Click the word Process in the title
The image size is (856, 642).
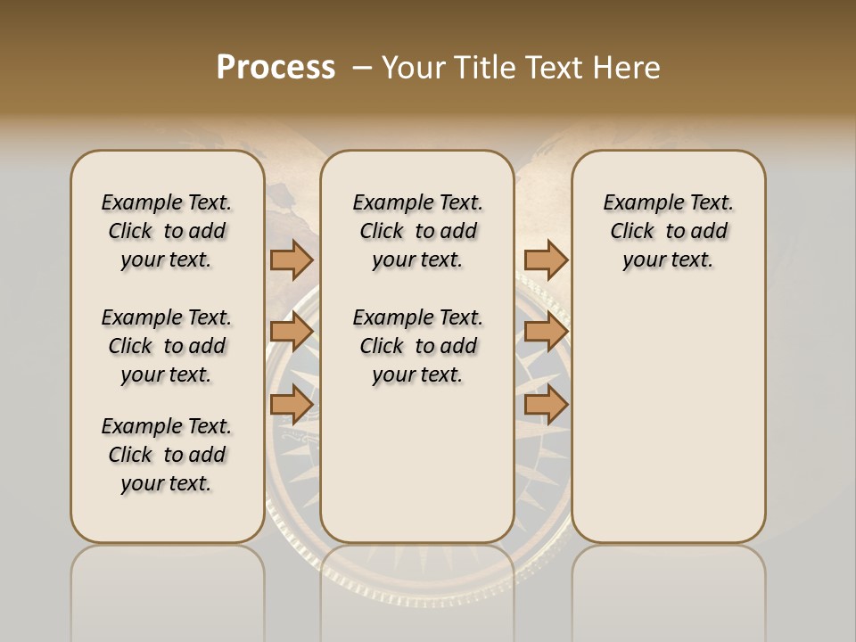point(276,68)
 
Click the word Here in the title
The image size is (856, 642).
point(628,68)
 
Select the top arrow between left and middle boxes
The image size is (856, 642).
point(291,260)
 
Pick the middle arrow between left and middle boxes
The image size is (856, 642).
point(291,332)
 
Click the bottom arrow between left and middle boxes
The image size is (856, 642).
point(291,405)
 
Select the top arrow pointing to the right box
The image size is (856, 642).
point(546,260)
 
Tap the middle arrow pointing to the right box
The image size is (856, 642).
point(546,332)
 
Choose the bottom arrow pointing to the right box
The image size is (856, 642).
point(546,405)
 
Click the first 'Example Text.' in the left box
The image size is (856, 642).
point(167,202)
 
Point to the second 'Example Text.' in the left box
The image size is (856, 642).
point(167,317)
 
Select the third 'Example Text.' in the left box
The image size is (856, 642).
point(167,426)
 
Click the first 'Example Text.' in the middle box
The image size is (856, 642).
point(417,202)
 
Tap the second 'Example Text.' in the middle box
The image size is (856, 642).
point(417,317)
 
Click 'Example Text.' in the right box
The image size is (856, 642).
point(668,202)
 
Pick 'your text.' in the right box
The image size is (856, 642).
point(668,260)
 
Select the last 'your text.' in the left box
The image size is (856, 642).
point(167,484)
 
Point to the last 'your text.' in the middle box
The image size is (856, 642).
point(417,375)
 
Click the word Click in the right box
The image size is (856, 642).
point(632,232)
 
